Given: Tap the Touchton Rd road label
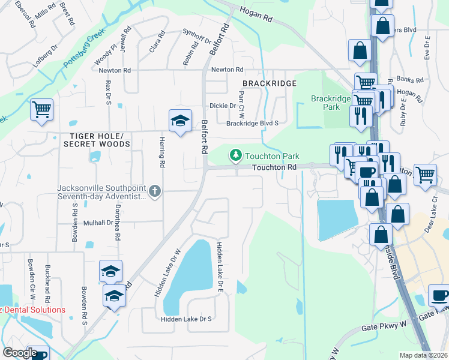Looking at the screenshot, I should point(274,168).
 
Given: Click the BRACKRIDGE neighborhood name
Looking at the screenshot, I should point(270,84).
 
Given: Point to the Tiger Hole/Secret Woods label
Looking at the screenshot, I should point(96,140).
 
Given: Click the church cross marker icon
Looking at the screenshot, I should point(155,191).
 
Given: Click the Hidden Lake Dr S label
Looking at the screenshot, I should point(186,319).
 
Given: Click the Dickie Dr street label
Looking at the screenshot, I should point(223,106).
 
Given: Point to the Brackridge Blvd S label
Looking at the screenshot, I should point(253,124).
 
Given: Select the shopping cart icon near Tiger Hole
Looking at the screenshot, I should point(42,110).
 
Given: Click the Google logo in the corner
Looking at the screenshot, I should point(20,353).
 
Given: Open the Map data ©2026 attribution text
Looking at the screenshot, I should point(423,355).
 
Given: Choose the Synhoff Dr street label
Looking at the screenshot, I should point(197,39).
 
